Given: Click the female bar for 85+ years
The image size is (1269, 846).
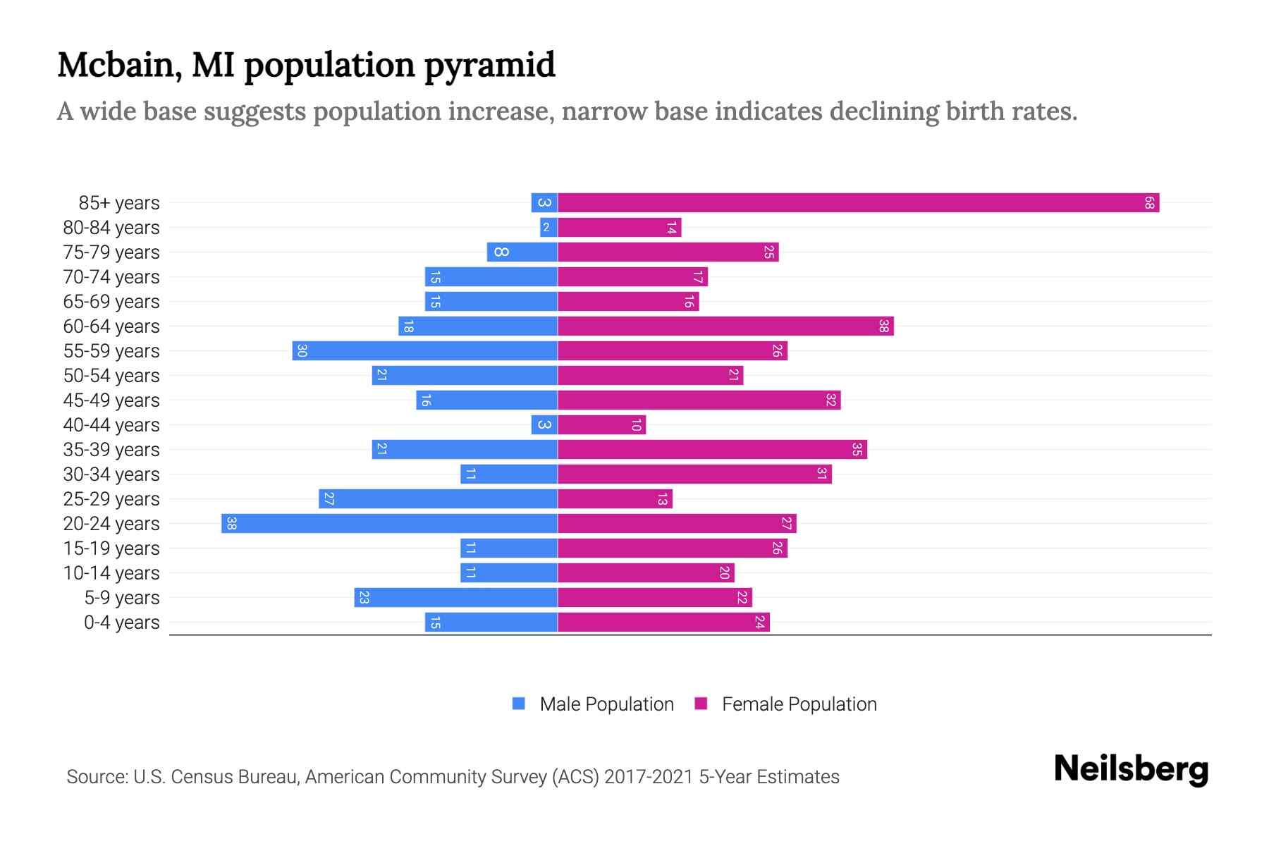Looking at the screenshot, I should [858, 203].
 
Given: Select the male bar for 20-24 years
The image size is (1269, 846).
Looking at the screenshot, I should [389, 524].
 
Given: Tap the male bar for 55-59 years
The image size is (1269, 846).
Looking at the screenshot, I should [424, 351].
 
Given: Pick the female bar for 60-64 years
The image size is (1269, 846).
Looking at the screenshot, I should [725, 326].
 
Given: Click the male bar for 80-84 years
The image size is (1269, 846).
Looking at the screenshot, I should [548, 228].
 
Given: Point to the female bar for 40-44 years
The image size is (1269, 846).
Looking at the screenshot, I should [601, 425].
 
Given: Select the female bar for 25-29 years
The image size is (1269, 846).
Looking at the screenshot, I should [615, 499].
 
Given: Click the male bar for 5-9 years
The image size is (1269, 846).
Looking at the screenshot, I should [455, 598].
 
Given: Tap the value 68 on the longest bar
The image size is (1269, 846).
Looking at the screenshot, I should [1149, 203].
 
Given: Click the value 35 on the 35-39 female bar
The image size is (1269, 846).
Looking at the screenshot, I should [857, 450].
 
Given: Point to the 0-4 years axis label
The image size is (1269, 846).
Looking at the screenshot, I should [121, 623].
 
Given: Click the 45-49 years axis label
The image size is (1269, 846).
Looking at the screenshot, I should [111, 400].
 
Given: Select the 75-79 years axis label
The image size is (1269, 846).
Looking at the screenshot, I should [111, 252].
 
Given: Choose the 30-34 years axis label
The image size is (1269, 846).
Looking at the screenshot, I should [111, 474].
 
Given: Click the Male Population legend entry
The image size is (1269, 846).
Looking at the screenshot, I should [606, 704].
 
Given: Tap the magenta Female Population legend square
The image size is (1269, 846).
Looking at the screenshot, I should [701, 704].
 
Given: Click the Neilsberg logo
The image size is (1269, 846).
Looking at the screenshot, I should [1131, 769].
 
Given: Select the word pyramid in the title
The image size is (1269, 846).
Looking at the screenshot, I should [490, 65].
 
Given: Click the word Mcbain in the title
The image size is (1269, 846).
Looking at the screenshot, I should [116, 65].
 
